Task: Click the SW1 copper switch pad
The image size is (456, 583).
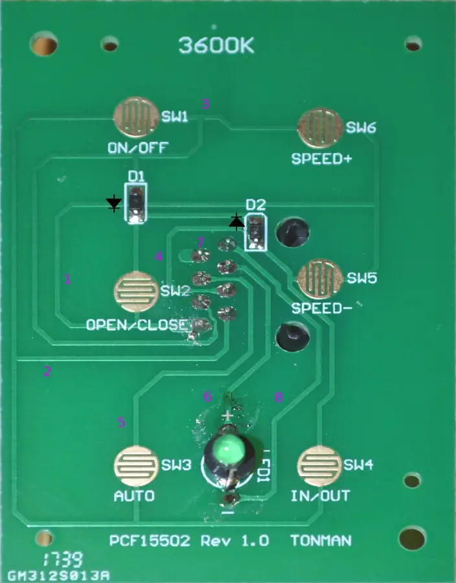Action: (135, 118)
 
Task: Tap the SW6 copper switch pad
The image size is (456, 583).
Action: (320, 128)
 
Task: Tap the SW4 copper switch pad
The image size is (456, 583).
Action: (319, 465)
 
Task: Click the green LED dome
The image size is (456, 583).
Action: (228, 451)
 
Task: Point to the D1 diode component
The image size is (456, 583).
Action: (136, 203)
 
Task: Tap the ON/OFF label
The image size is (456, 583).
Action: (137, 148)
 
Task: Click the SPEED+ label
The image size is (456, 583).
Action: (321, 157)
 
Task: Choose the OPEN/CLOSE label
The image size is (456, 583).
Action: (137, 325)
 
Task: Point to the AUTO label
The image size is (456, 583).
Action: (134, 497)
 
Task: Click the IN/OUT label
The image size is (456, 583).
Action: (320, 497)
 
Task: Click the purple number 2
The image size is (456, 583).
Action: (47, 371)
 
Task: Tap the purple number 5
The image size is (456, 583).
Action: (120, 422)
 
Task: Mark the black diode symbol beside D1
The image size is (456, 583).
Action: (114, 205)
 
